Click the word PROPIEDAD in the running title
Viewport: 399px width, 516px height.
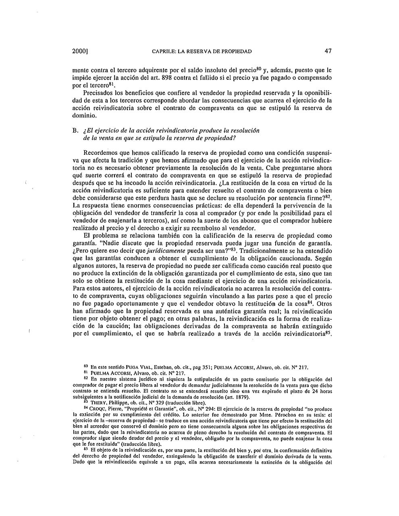[x=233, y=52]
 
